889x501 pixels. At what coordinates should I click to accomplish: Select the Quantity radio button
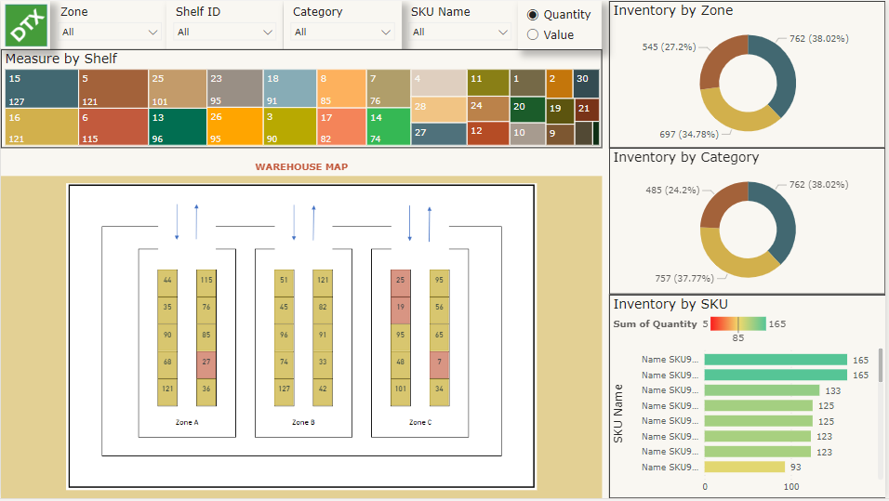(533, 15)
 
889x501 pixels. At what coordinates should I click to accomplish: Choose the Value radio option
(533, 35)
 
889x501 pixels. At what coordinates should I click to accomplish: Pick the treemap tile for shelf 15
(40, 88)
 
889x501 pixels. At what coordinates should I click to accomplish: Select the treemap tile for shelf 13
(177, 127)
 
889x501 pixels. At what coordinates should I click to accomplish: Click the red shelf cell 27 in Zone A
(206, 362)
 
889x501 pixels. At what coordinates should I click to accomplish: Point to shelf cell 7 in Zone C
(439, 362)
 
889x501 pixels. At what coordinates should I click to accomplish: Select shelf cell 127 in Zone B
(284, 389)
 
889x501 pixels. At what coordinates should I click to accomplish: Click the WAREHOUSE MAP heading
(301, 167)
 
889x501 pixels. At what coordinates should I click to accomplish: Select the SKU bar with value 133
(762, 390)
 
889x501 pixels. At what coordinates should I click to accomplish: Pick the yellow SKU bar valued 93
(744, 468)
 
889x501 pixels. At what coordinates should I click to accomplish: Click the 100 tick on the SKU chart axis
(791, 487)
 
